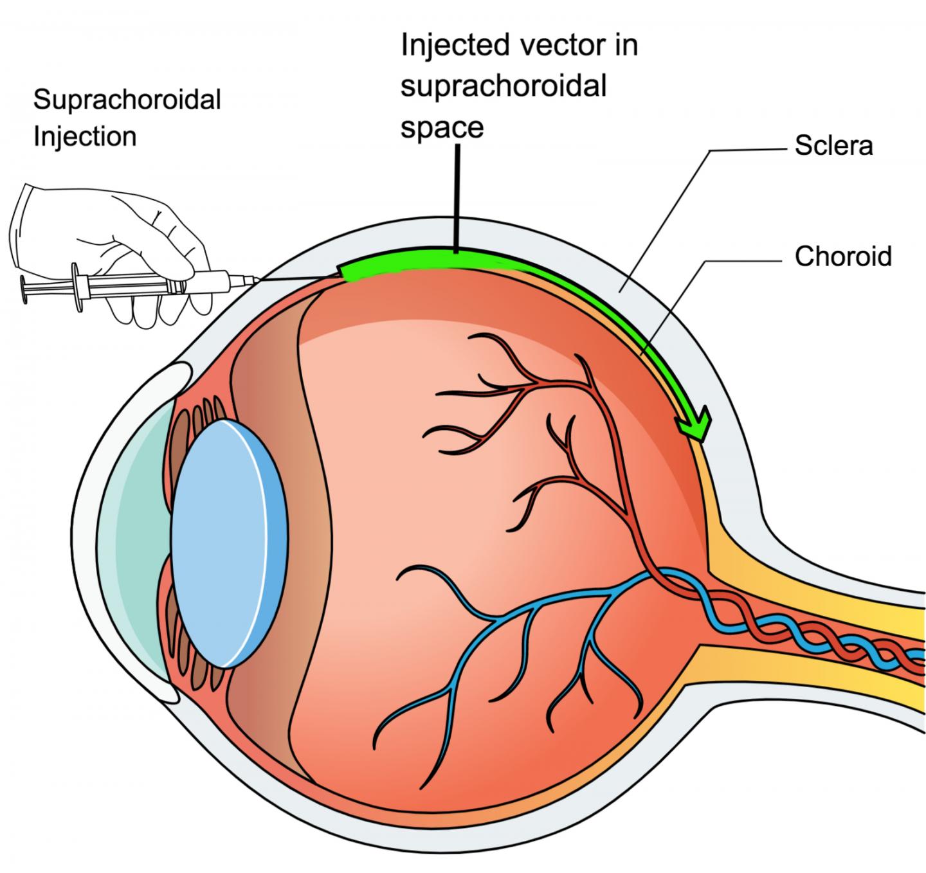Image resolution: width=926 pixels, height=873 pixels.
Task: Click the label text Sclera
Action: (833, 146)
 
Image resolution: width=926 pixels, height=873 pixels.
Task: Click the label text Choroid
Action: (843, 256)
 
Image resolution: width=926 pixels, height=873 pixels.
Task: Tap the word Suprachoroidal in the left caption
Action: (127, 100)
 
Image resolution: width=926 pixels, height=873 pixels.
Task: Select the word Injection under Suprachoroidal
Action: (84, 137)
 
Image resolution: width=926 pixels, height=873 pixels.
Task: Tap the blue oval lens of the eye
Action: (225, 543)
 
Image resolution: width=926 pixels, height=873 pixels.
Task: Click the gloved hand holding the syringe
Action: (122, 244)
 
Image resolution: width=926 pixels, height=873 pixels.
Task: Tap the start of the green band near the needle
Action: (350, 271)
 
